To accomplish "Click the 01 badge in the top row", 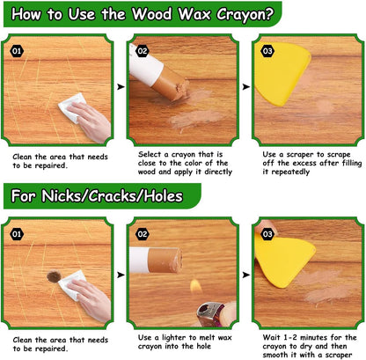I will coord(17,50).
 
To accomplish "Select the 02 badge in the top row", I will coord(143,51).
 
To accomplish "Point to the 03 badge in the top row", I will coord(267,51).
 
